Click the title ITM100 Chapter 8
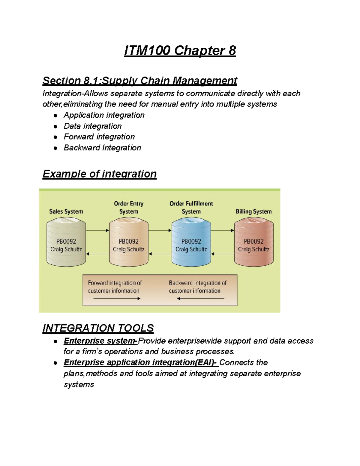pyautogui.click(x=180, y=50)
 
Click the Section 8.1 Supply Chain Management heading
pyautogui.click(x=140, y=81)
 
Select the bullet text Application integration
pyautogui.click(x=104, y=115)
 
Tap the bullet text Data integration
pyautogui.click(x=92, y=126)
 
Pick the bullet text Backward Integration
pyautogui.click(x=102, y=148)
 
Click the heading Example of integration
pyautogui.click(x=100, y=174)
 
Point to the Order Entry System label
pyautogui.click(x=129, y=207)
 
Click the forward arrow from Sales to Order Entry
pyautogui.click(x=97, y=230)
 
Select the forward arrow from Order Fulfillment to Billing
pyautogui.click(x=222, y=230)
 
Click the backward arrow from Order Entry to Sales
pyautogui.click(x=97, y=254)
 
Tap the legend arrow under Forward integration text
pyautogui.click(x=117, y=299)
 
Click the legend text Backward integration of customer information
pyautogui.click(x=197, y=287)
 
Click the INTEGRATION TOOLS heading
pyautogui.click(x=98, y=328)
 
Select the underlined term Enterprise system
pyautogui.click(x=100, y=341)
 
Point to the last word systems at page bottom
pyautogui.click(x=79, y=385)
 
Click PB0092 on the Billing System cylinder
pyautogui.click(x=253, y=241)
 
